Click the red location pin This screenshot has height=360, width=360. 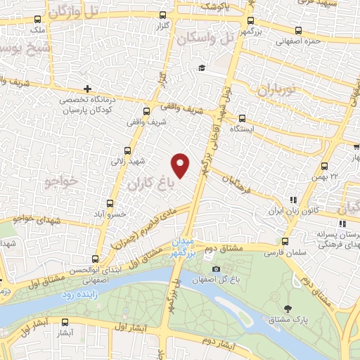(x=181, y=165)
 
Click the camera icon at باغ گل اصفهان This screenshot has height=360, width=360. (x=215, y=269)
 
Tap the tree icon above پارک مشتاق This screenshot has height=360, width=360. (x=288, y=308)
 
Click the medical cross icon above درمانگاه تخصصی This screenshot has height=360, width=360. (x=87, y=89)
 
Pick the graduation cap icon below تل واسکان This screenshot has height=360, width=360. (x=202, y=68)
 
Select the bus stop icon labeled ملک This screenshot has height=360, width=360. (x=38, y=20)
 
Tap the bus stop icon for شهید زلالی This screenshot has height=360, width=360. (x=127, y=150)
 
